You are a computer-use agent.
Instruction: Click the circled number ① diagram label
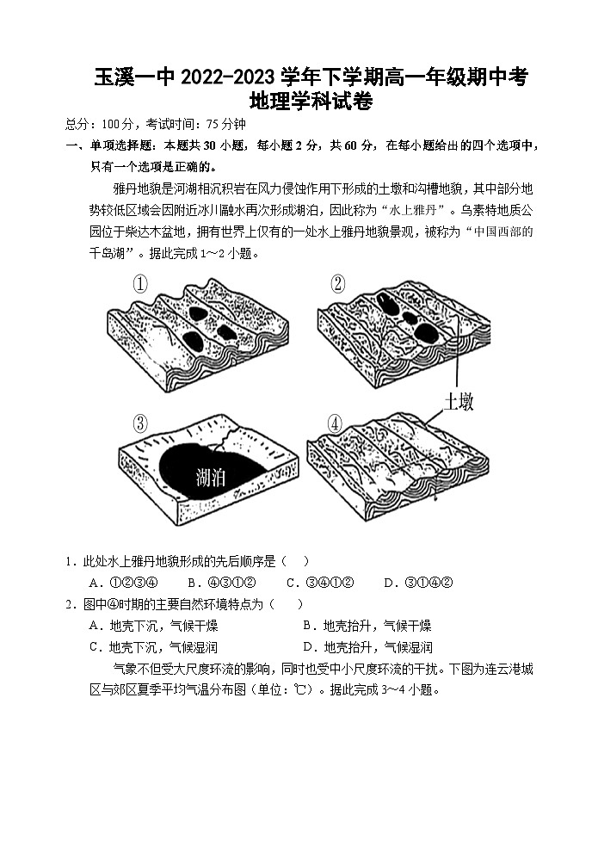[x=140, y=283]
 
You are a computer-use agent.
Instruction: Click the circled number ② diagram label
[x=336, y=283]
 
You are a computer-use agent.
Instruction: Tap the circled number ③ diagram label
[x=140, y=423]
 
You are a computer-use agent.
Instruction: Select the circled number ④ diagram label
[x=335, y=423]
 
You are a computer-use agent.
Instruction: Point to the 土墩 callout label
[x=459, y=401]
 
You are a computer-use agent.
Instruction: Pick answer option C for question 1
[x=320, y=583]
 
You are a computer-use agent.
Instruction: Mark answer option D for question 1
[x=418, y=583]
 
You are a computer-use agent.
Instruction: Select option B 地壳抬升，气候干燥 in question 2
[x=367, y=626]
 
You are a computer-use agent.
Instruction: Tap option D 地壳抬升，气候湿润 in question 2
[x=367, y=647]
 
